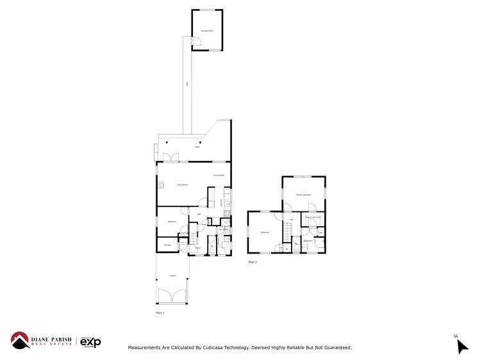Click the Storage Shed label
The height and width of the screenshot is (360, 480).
click(207, 30)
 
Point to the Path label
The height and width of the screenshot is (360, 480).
click(186, 84)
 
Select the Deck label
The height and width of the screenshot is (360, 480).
click(197, 147)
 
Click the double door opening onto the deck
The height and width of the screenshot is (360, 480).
click(170, 157)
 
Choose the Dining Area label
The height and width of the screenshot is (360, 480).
click(218, 175)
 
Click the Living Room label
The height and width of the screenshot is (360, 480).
click(183, 184)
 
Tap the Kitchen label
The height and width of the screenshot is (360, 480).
click(221, 202)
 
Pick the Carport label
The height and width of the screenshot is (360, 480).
click(172, 276)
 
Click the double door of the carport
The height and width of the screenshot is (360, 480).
click(172, 297)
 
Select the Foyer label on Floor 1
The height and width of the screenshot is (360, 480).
click(198, 247)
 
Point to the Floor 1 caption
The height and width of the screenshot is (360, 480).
click(160, 313)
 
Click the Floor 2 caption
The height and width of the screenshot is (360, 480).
click(252, 262)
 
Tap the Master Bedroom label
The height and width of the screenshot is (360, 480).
click(304, 194)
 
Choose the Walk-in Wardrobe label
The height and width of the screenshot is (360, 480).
click(312, 218)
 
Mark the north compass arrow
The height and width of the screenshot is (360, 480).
click(461, 345)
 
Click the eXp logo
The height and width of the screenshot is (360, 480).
click(90, 343)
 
